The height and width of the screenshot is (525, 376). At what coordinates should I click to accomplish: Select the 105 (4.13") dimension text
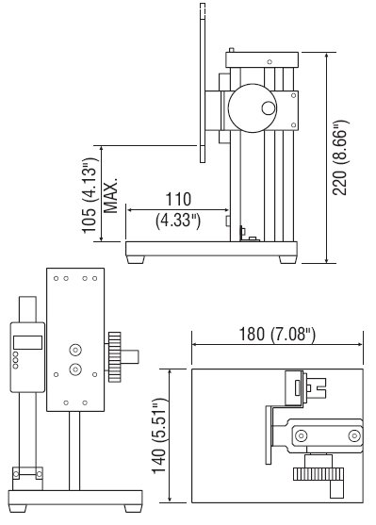pos(90,196)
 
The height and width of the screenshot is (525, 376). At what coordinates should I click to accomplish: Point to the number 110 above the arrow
pos(178,199)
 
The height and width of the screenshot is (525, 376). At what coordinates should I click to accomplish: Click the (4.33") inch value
pos(178,221)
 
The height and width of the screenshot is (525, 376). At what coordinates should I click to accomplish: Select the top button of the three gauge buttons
pos(15,354)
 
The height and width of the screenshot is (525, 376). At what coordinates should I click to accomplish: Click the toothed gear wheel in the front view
pos(115,357)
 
